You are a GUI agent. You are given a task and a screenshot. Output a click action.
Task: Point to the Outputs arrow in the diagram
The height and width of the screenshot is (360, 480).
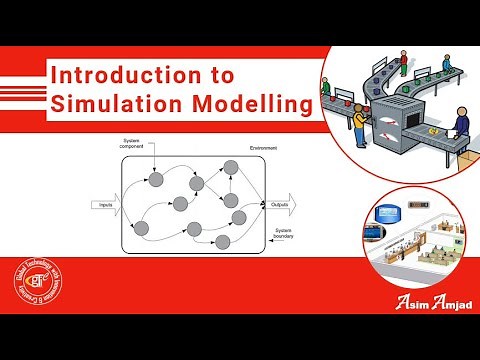pyautogui.click(x=280, y=204)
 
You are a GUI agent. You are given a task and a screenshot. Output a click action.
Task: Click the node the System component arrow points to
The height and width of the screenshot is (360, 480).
pyautogui.click(x=155, y=180)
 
